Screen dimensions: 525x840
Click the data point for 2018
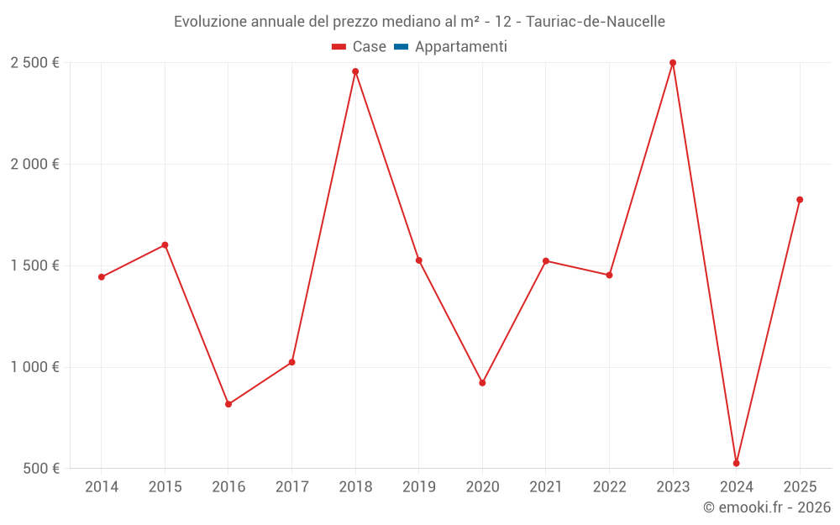pyautogui.click(x=355, y=71)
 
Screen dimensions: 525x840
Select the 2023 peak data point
pyautogui.click(x=673, y=63)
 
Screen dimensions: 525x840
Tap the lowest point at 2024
pyautogui.click(x=737, y=463)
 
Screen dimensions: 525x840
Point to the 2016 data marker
pyautogui.click(x=228, y=404)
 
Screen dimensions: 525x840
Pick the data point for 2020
pyautogui.click(x=482, y=383)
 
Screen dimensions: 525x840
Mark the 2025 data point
pyautogui.click(x=800, y=200)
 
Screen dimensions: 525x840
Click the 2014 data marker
pyautogui.click(x=102, y=277)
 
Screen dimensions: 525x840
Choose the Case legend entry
pyautogui.click(x=360, y=47)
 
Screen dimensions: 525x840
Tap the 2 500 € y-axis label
pyautogui.click(x=34, y=63)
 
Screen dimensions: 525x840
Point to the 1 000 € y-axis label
pyautogui.click(x=34, y=367)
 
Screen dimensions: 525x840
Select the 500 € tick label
pyautogui.click(x=40, y=469)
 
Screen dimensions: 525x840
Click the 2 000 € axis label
pyautogui.click(x=34, y=165)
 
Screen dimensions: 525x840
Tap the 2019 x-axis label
pyautogui.click(x=419, y=487)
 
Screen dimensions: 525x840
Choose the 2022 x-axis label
pyautogui.click(x=609, y=487)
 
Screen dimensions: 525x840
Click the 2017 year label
pyautogui.click(x=291, y=487)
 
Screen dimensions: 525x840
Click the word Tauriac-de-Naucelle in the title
pyautogui.click(x=596, y=22)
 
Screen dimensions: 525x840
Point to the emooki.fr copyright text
pyautogui.click(x=767, y=507)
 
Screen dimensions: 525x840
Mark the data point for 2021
pyautogui.click(x=546, y=261)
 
